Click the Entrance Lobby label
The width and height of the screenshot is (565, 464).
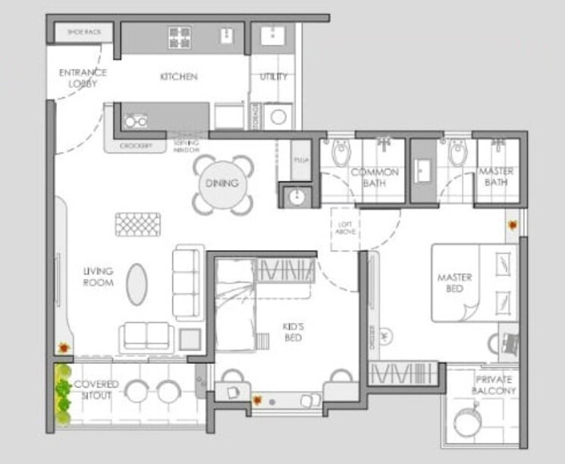(x=83, y=77)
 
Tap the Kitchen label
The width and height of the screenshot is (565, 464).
(x=179, y=77)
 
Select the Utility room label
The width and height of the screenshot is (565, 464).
(x=273, y=77)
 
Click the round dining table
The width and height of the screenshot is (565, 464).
(x=221, y=183)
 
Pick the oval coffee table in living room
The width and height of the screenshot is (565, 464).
(x=137, y=284)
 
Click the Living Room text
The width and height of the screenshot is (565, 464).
(x=99, y=277)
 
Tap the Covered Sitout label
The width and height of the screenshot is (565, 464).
(x=96, y=390)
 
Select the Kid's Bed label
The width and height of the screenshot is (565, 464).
(x=293, y=331)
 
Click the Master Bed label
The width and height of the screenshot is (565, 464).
(x=454, y=283)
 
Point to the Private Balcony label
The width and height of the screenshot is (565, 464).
(x=494, y=385)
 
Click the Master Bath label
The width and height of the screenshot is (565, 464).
(x=497, y=177)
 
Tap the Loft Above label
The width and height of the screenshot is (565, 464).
(x=345, y=229)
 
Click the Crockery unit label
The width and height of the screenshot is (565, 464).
(x=137, y=146)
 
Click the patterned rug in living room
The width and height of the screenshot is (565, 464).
(x=138, y=224)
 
